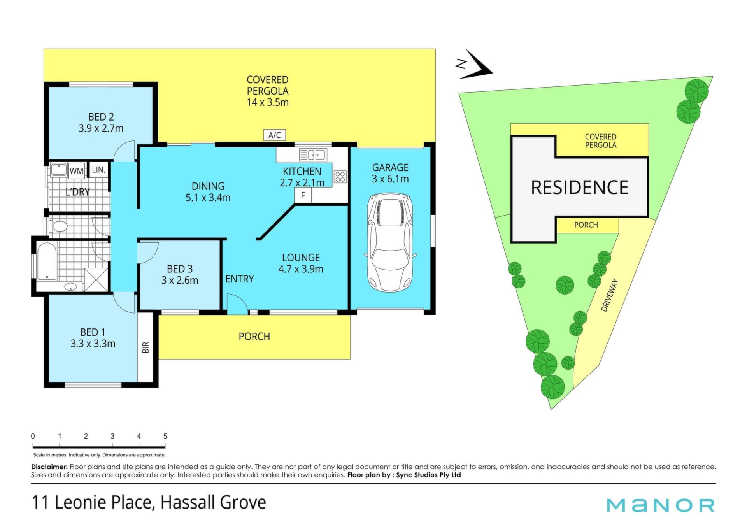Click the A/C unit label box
(x=274, y=135)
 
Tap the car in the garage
(x=390, y=242)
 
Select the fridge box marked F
(x=303, y=195)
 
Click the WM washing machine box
(x=76, y=171)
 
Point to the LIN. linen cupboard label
(x=98, y=170)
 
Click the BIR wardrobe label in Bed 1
(x=146, y=347)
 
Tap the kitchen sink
(x=313, y=155)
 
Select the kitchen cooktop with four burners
(x=340, y=177)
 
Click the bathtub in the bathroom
(x=47, y=261)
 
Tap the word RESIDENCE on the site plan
(x=579, y=188)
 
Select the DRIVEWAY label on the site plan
(x=610, y=295)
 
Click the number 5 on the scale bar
(x=165, y=436)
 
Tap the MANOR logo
(x=661, y=505)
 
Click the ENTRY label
(x=240, y=279)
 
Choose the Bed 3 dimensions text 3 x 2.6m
(x=180, y=280)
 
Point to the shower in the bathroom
(x=96, y=279)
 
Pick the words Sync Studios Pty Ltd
(x=428, y=475)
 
